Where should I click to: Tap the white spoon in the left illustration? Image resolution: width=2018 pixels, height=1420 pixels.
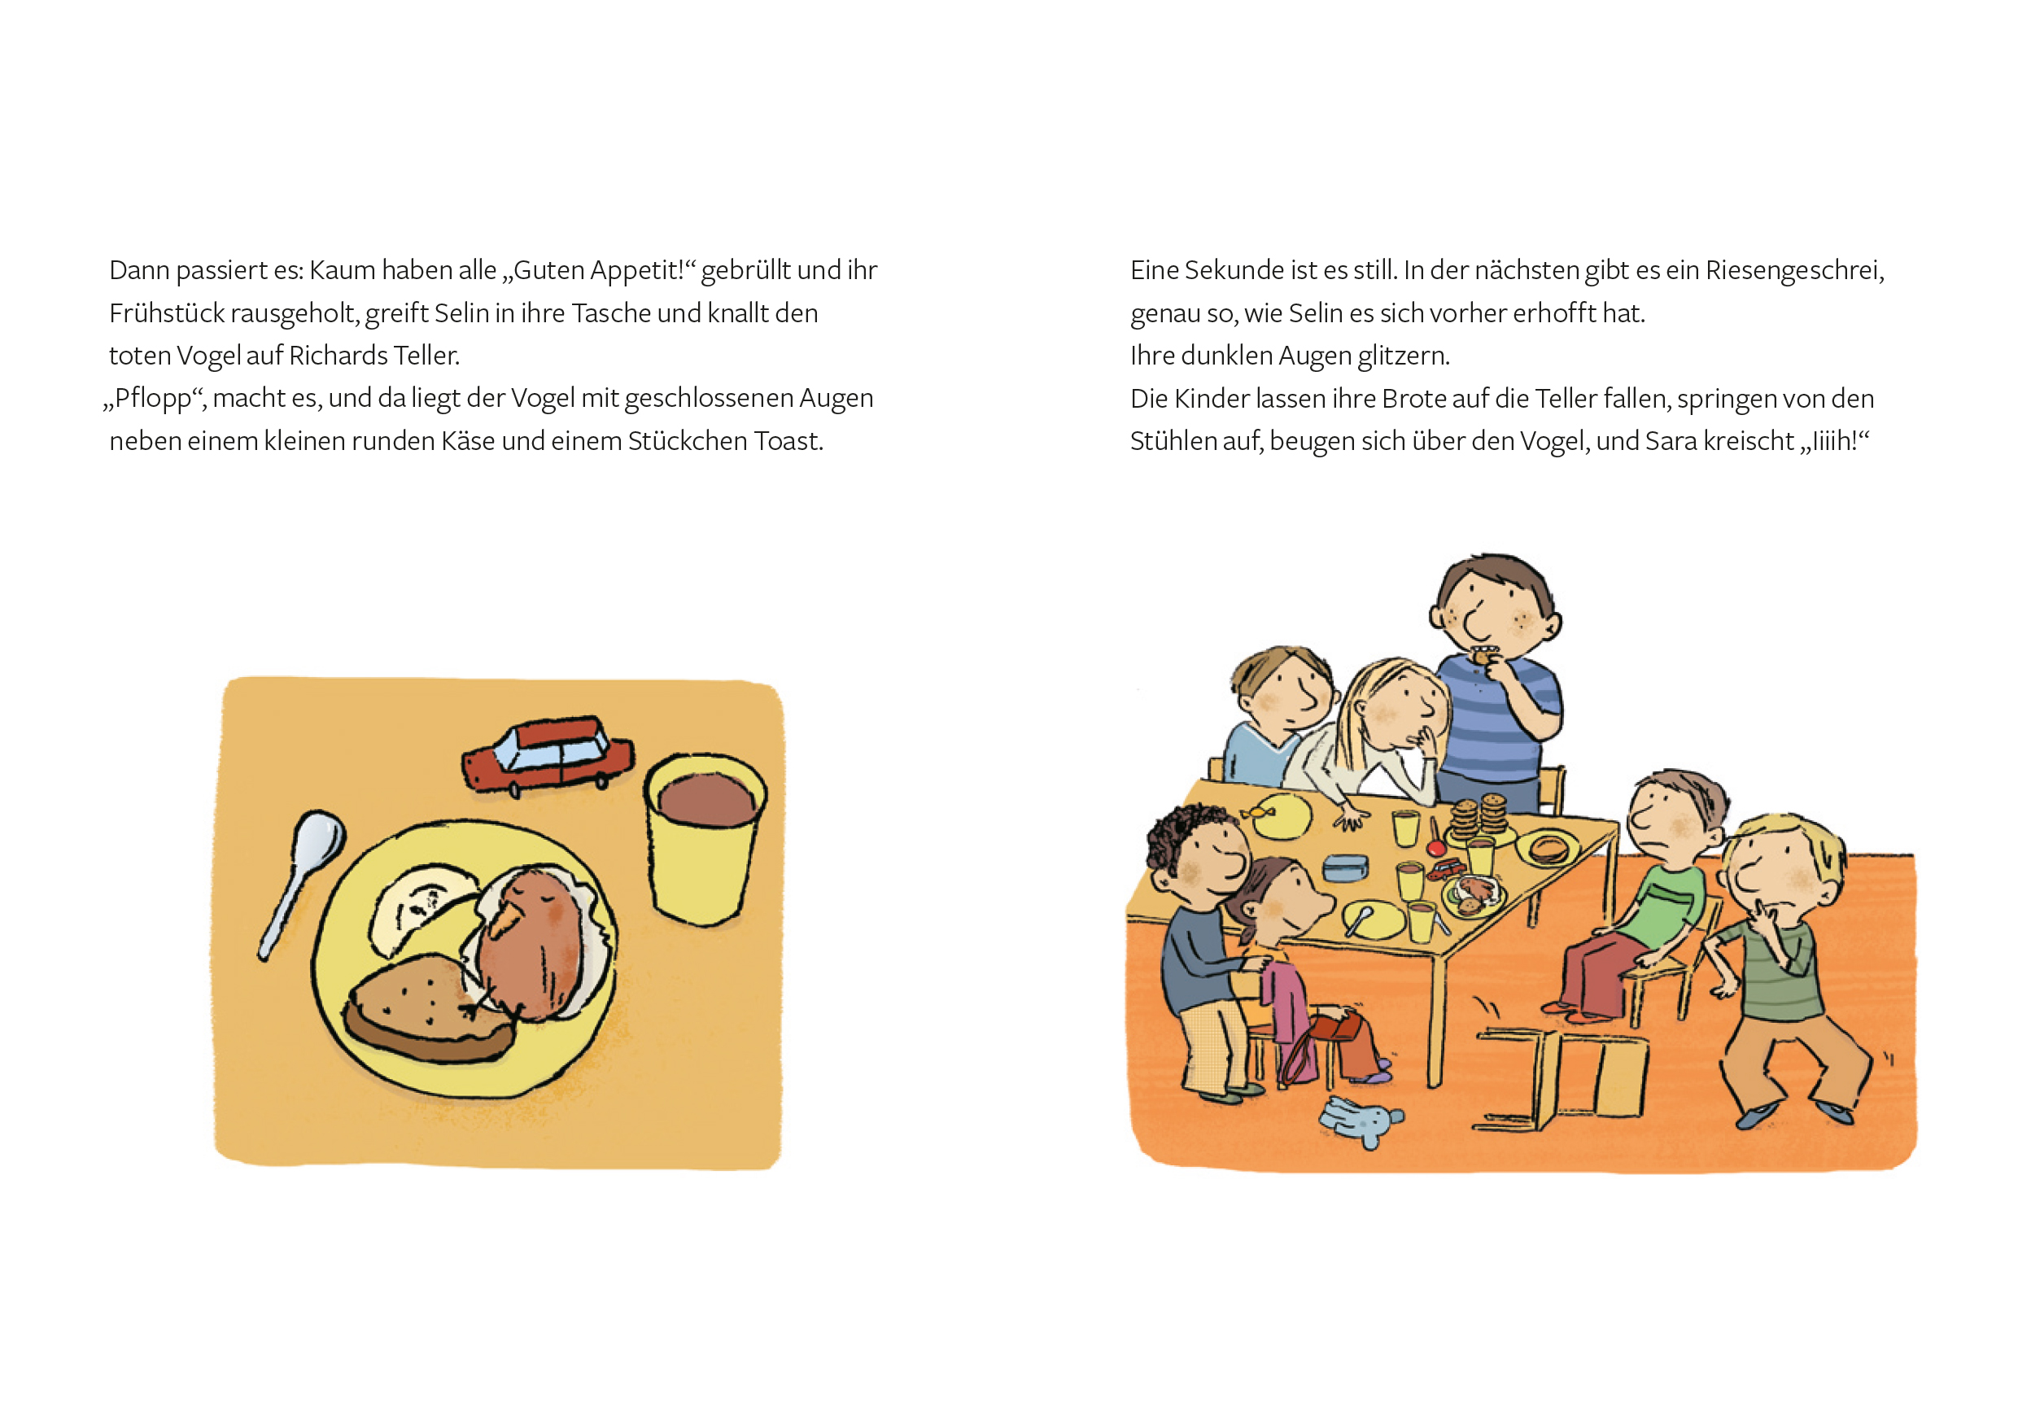click(x=301, y=882)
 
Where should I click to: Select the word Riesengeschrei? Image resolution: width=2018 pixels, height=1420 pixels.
click(x=1794, y=271)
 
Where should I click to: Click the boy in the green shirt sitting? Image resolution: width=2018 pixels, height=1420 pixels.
click(x=1635, y=896)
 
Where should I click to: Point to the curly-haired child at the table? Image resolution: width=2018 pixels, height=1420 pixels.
click(x=1204, y=949)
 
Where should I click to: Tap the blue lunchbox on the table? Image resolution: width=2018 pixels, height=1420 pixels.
click(x=1345, y=868)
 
